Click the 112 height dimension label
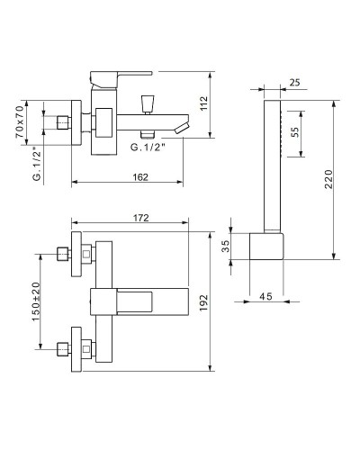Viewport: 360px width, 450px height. click(x=203, y=103)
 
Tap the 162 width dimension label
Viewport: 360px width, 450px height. click(x=140, y=177)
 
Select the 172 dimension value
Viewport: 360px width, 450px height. click(x=141, y=218)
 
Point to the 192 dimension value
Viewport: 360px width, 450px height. click(x=203, y=302)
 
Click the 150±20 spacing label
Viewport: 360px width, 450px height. click(x=36, y=301)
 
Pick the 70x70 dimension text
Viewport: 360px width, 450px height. click(x=20, y=121)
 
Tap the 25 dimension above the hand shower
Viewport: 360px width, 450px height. click(x=295, y=82)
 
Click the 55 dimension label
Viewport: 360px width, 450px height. click(x=295, y=132)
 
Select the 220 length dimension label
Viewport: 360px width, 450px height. click(x=329, y=179)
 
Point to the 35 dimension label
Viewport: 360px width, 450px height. click(x=225, y=246)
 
